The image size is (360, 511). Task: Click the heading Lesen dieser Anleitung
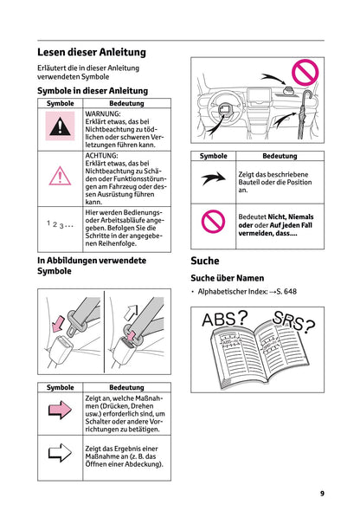(x=91, y=52)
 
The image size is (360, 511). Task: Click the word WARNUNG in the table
(x=103, y=113)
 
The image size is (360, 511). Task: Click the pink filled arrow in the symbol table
(x=60, y=411)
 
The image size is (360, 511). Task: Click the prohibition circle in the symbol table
(x=213, y=222)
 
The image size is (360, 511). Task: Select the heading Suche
(x=205, y=260)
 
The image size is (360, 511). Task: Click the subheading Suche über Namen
(x=228, y=278)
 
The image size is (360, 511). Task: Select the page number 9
(x=322, y=493)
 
